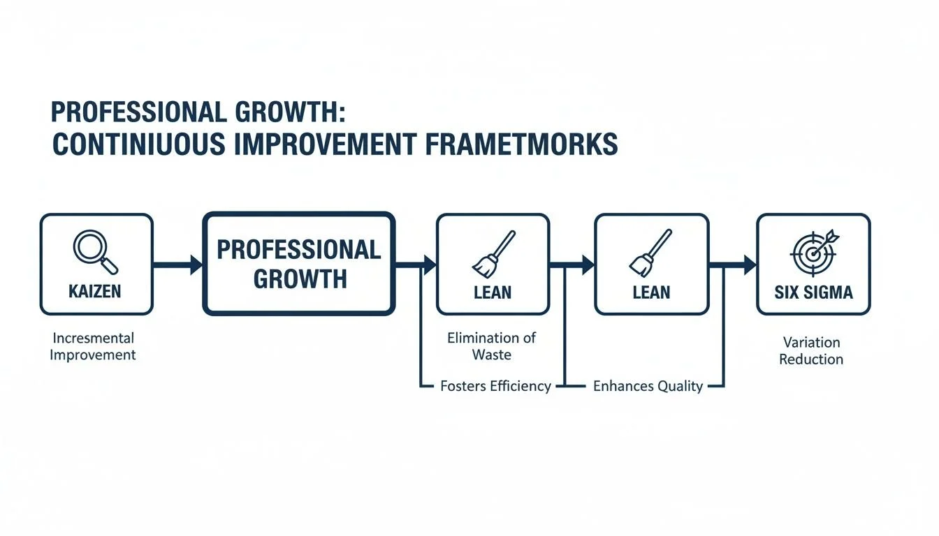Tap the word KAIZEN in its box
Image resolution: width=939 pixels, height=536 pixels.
[96, 292]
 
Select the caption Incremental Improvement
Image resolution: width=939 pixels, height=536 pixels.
[94, 346]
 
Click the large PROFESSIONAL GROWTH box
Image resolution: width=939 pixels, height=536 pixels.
[299, 264]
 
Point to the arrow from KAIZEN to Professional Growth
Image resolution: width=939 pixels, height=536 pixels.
[177, 265]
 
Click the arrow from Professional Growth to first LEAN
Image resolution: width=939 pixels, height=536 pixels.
[416, 265]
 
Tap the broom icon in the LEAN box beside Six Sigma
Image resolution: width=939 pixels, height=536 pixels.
[652, 253]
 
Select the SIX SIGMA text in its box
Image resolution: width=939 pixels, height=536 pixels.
[814, 292]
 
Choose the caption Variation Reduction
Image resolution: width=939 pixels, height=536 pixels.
[811, 351]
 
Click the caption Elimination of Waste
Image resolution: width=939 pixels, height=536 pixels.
[492, 346]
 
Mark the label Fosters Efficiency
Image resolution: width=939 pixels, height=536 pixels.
[496, 386]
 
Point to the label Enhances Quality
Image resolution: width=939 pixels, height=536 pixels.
[648, 386]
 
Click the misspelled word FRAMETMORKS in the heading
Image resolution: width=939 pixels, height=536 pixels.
[521, 143]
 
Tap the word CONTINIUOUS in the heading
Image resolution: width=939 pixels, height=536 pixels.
[139, 143]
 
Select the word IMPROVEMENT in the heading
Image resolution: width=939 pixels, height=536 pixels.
[324, 143]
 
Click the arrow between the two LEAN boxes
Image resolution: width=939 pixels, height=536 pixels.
[572, 265]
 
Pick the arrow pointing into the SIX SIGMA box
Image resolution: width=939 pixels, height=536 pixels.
[733, 265]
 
